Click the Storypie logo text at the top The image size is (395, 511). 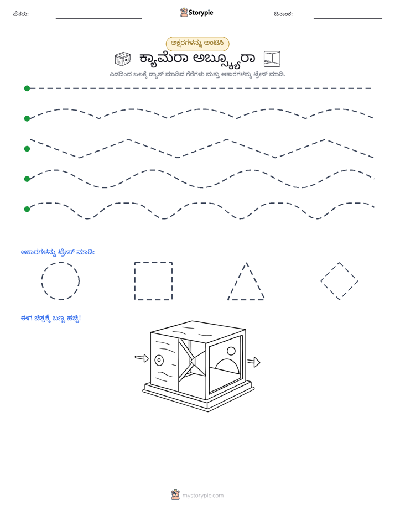pyautogui.click(x=201, y=13)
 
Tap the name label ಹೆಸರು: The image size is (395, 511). pyautogui.click(x=21, y=14)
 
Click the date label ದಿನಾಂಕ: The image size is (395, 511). pyautogui.click(x=283, y=14)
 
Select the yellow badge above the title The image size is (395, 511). pyautogui.click(x=197, y=44)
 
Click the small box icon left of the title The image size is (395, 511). pyautogui.click(x=123, y=59)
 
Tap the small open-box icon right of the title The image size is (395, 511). pyautogui.click(x=272, y=59)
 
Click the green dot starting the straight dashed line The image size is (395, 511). pyautogui.click(x=27, y=88)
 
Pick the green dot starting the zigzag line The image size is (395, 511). pyautogui.click(x=27, y=149)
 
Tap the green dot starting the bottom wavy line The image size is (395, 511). pyautogui.click(x=27, y=209)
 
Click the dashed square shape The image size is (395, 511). pyautogui.click(x=134, y=281)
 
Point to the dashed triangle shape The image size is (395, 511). pyautogui.click(x=237, y=281)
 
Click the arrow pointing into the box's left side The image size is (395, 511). pyautogui.click(x=142, y=358)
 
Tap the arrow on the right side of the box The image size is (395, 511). pyautogui.click(x=253, y=362)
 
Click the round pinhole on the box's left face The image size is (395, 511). pyautogui.click(x=159, y=360)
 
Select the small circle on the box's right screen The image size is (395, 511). pyautogui.click(x=231, y=351)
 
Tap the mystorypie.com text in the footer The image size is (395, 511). pyautogui.click(x=202, y=496)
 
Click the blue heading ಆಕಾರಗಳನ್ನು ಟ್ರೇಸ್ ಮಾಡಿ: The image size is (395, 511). pyautogui.click(x=58, y=252)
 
